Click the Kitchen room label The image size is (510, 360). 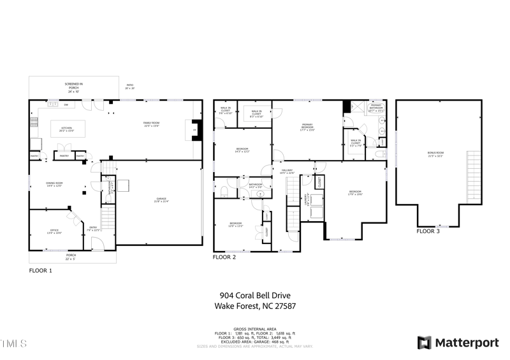point(66,129)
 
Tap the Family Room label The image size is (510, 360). point(150,124)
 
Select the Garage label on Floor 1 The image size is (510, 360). point(161,200)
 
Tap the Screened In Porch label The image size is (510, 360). point(73,87)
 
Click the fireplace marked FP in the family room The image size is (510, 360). point(194,130)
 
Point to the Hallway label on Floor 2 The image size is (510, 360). point(287,172)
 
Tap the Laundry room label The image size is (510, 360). point(307,199)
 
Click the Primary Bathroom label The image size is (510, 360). point(376,107)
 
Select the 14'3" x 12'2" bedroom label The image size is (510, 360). point(242,150)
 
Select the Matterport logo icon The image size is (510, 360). point(424,343)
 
